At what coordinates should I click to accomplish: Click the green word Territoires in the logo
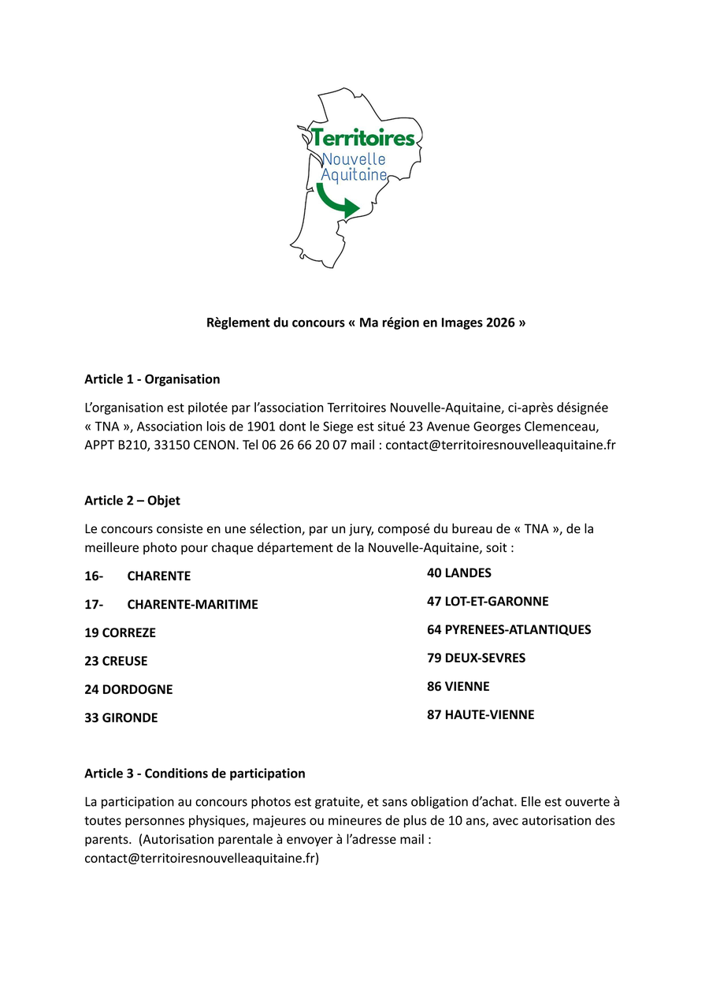362,138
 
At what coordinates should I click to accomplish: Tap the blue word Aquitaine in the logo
354,175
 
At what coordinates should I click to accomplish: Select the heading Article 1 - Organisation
152,379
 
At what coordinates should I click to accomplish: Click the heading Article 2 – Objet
132,501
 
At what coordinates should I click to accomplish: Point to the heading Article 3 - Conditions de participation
195,774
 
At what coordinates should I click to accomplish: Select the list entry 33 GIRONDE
121,718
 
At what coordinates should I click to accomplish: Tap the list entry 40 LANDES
459,573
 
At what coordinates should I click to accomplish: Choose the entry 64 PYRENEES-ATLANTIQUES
509,630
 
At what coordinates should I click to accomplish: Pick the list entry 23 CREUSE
116,661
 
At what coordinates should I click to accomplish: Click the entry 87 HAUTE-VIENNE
481,715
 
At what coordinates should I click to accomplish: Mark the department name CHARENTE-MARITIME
192,605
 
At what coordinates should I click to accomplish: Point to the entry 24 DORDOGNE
128,689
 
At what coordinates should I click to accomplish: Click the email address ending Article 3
199,859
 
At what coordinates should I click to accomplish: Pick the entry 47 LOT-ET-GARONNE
488,602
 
